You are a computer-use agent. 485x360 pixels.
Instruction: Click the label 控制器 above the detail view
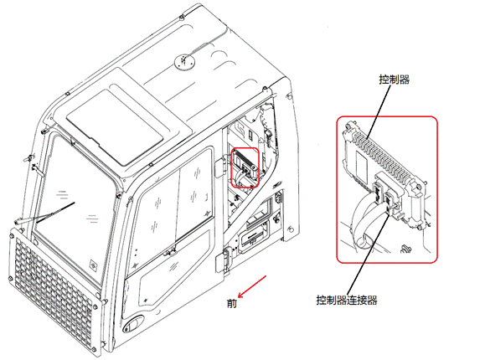(395, 80)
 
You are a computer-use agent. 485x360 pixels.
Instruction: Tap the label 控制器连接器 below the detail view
(347, 300)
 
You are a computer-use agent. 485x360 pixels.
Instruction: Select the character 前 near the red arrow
(232, 303)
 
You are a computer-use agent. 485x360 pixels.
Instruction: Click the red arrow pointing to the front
(252, 286)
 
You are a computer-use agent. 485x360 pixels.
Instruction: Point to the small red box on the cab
(245, 167)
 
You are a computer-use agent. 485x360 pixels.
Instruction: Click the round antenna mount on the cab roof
(185, 62)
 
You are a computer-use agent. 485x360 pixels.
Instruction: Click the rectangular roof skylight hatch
(115, 126)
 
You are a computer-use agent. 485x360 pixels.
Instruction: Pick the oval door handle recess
(134, 323)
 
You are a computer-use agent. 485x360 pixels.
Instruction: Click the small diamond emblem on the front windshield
(94, 265)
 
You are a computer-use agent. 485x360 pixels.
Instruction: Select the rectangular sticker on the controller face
(361, 167)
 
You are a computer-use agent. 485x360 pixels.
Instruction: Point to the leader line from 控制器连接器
(369, 252)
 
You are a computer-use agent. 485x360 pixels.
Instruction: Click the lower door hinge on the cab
(227, 260)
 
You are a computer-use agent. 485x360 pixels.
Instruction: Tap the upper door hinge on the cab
(219, 167)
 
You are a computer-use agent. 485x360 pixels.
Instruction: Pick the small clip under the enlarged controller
(405, 248)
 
